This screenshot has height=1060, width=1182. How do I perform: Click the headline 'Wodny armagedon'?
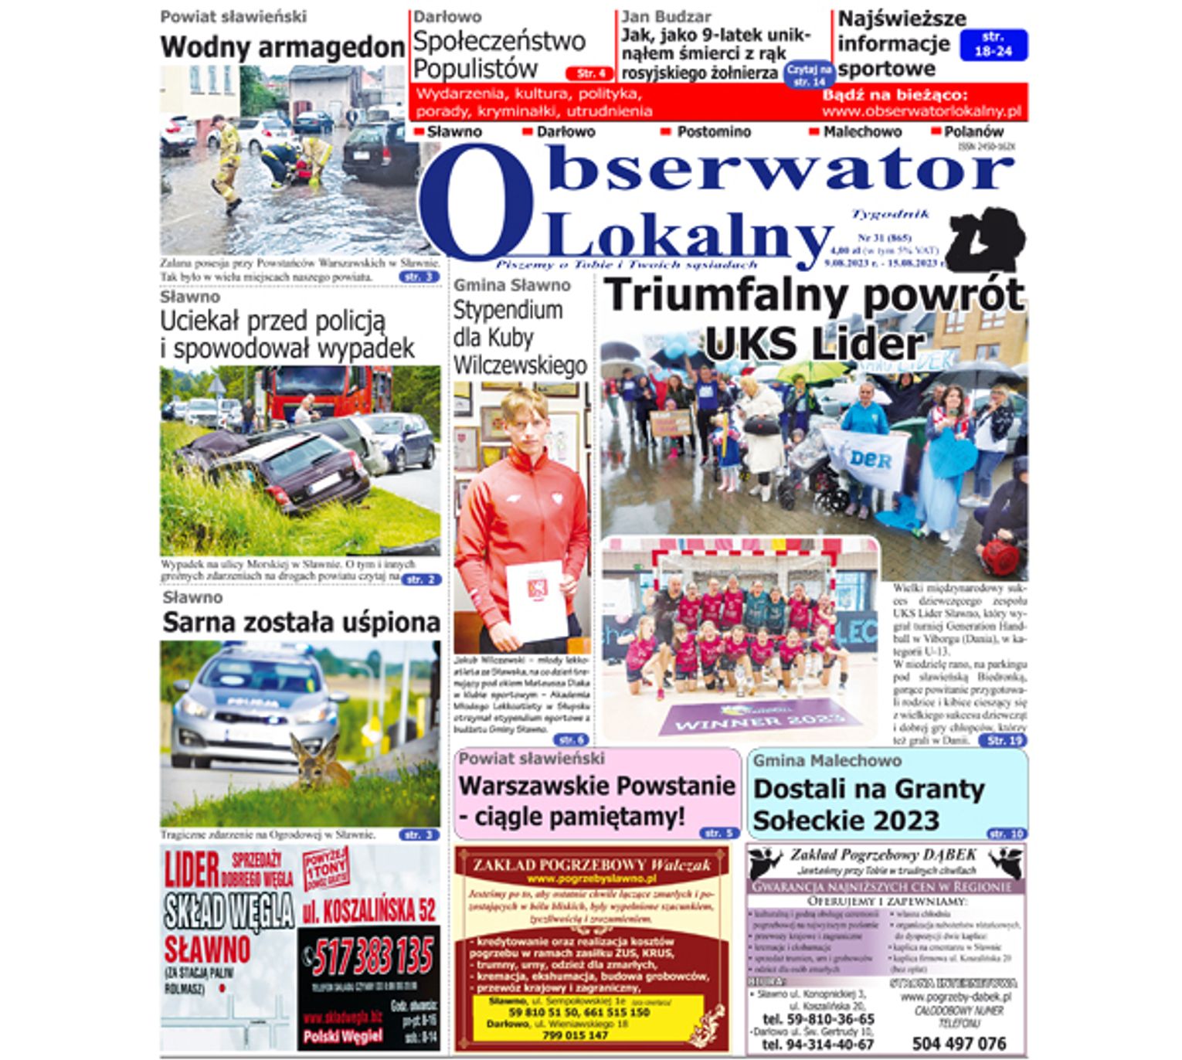pyautogui.click(x=282, y=47)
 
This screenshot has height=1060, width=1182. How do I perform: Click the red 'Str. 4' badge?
pyautogui.click(x=590, y=73)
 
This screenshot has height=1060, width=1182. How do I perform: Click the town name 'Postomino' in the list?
pyautogui.click(x=713, y=132)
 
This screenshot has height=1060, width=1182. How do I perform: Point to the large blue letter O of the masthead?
pyautogui.click(x=476, y=203)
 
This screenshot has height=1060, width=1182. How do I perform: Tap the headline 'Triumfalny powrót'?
pyautogui.click(x=813, y=295)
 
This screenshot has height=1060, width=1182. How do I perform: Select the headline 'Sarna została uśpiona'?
pyautogui.click(x=301, y=622)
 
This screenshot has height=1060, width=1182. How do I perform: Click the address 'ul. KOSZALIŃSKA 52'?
pyautogui.click(x=369, y=911)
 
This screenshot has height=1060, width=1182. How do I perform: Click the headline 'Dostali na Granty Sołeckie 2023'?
pyautogui.click(x=868, y=804)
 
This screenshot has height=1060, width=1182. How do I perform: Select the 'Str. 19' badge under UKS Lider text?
pyautogui.click(x=1003, y=740)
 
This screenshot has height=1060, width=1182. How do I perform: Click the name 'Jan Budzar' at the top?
pyautogui.click(x=666, y=16)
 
